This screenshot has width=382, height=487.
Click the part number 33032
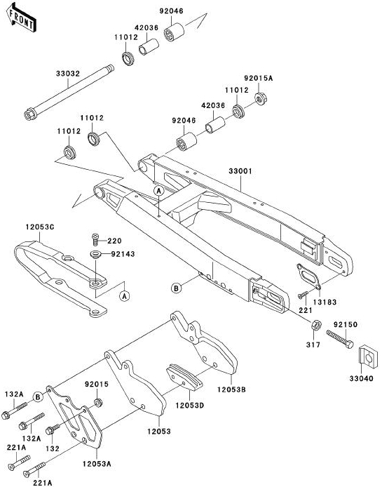(68, 74)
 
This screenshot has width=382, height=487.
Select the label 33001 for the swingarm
(240, 171)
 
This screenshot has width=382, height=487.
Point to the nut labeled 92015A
(261, 98)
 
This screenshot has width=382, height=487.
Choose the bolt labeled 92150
(340, 339)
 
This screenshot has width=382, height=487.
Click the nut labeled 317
(316, 326)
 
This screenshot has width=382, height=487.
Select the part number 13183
(325, 302)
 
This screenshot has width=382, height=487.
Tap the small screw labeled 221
(303, 295)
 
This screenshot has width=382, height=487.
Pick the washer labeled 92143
(96, 255)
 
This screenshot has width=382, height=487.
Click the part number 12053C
(40, 227)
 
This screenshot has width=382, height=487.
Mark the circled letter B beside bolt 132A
(38, 397)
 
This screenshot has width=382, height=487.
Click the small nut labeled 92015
(98, 403)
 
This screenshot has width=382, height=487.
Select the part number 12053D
(189, 406)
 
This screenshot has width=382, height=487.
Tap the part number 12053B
(231, 389)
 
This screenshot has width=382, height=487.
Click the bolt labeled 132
(53, 430)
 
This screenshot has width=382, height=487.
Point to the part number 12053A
(97, 465)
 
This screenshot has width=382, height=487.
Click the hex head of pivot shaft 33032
(30, 114)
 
